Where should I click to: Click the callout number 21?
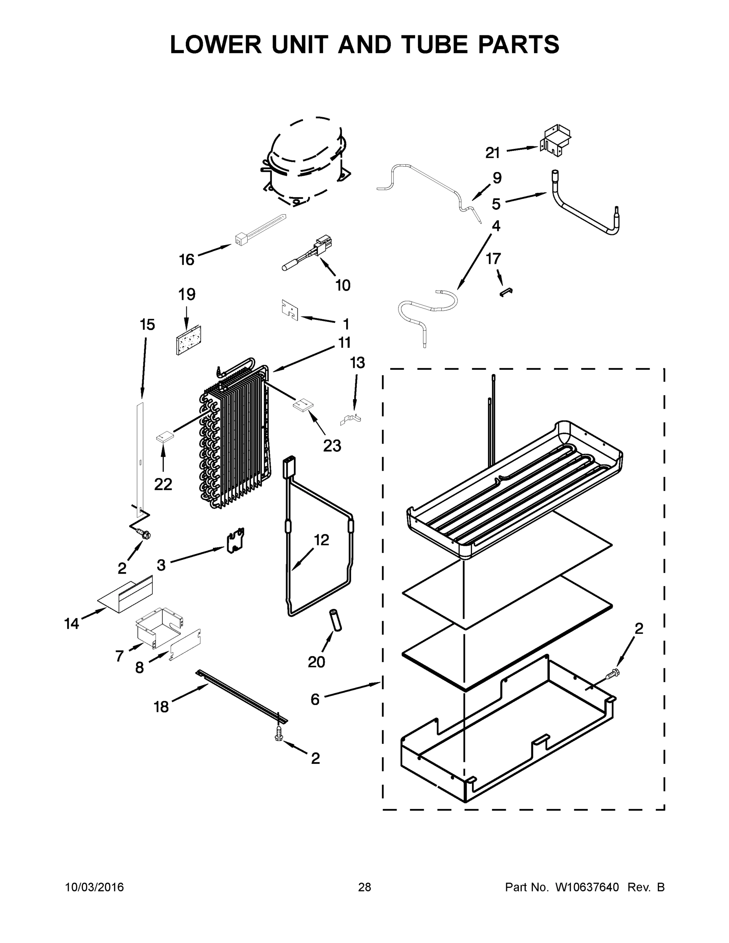pos(492,153)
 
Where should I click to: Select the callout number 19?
pos(187,294)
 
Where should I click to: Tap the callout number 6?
pos(315,699)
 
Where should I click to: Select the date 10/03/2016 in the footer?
pos(94,887)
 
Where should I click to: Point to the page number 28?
pos(365,887)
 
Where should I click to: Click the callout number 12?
pos(321,540)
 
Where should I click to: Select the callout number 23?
pos(332,446)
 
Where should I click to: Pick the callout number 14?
pos(72,624)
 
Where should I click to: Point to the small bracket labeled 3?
pos(236,540)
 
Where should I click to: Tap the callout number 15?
pos(147,325)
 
